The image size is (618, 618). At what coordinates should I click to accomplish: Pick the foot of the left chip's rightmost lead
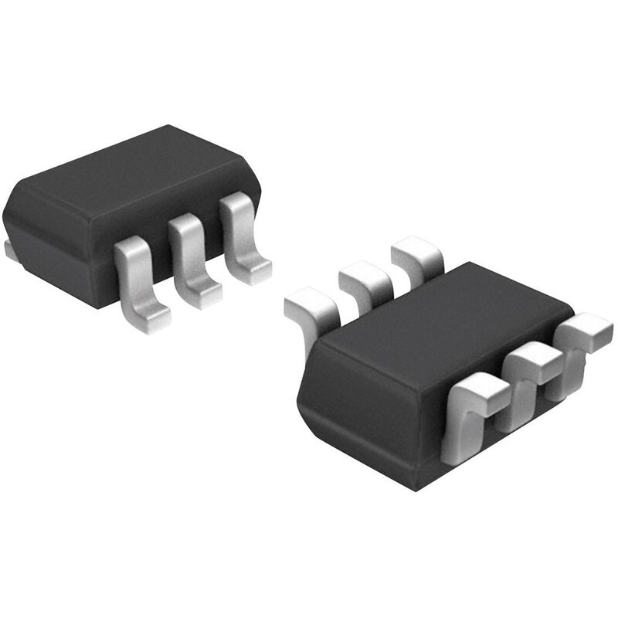(251, 270)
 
